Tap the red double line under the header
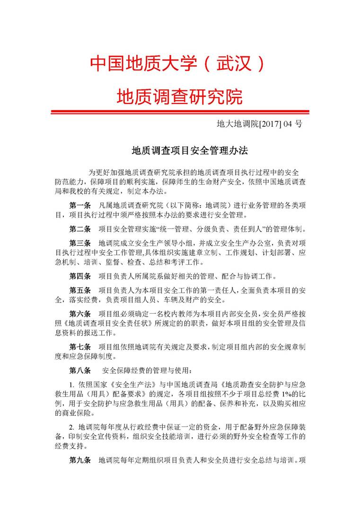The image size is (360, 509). [180, 112]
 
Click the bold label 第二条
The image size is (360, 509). [80, 229]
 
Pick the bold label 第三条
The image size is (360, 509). [80, 243]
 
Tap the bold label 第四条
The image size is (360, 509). [80, 276]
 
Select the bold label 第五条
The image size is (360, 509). [80, 290]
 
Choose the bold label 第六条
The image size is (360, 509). [80, 313]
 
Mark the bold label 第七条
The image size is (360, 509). [80, 347]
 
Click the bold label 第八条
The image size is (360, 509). [80, 370]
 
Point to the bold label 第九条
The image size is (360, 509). [80, 460]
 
